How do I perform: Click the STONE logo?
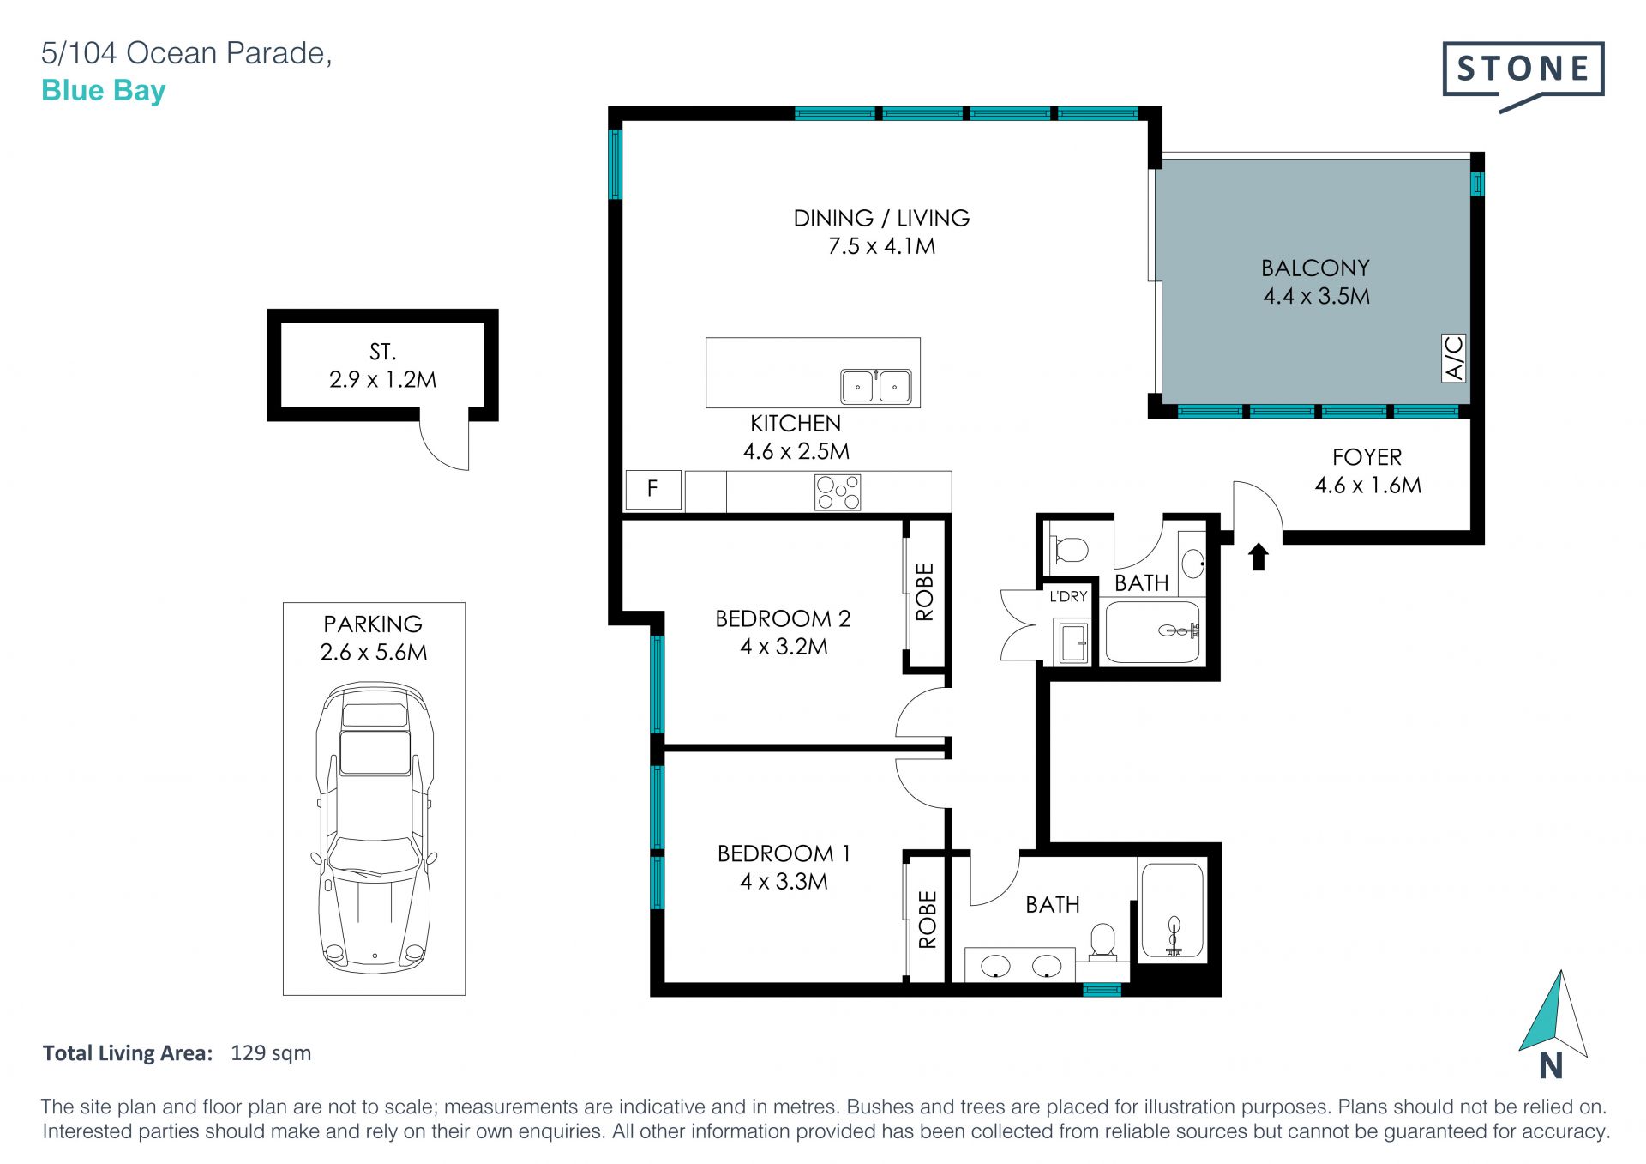coord(1523,75)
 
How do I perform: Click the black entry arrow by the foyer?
coord(1259,557)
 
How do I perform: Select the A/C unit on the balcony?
coord(1454,358)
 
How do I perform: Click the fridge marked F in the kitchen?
coord(653,490)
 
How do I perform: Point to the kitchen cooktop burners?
coord(838,492)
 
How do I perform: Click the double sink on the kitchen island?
coord(875,386)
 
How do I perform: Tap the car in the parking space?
coord(375,827)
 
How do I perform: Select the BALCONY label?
coord(1315,268)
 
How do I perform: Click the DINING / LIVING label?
coord(881,218)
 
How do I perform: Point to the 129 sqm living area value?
coord(271,1053)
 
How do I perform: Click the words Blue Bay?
coord(104,91)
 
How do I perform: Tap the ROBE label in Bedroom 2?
coord(925,592)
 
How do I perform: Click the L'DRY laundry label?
coord(1069,596)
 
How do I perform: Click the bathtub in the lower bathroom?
coord(1172,911)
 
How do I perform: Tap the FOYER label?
coord(1367,457)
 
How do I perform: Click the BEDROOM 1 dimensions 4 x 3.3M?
coord(784,882)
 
